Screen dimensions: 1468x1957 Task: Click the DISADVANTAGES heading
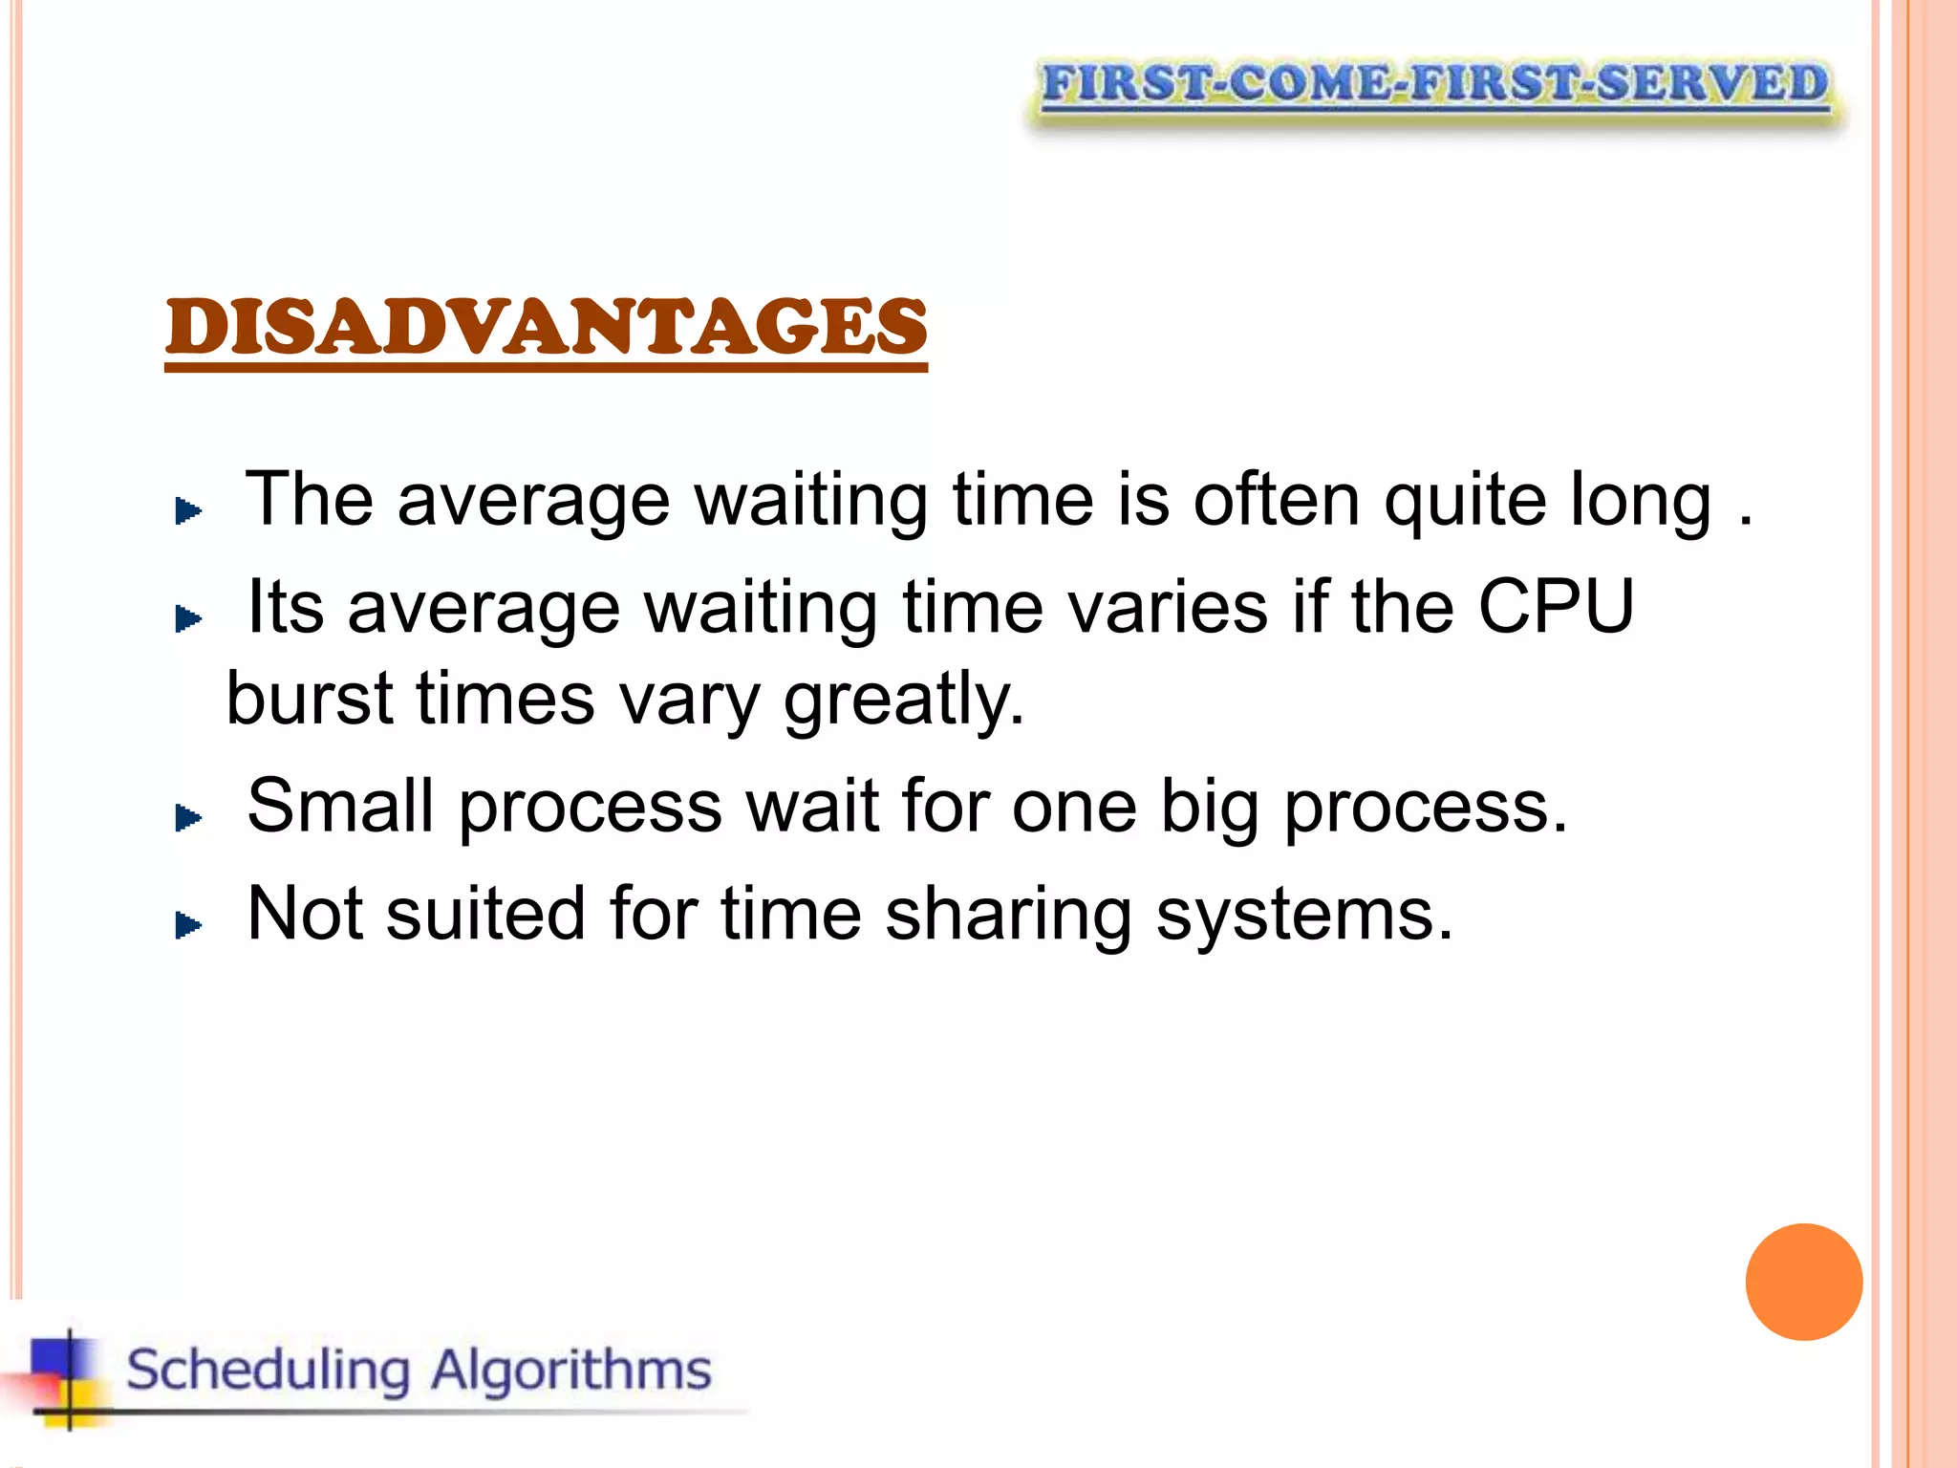546,327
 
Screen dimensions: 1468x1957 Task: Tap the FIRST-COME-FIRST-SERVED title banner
1434,84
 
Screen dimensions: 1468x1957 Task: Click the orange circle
1803,1282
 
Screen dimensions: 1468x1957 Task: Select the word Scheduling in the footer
269,1371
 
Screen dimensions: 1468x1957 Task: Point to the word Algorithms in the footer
570,1371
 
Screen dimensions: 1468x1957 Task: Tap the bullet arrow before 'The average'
188,511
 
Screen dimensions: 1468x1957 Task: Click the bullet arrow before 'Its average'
188,619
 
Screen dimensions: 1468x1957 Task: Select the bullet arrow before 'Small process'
188,817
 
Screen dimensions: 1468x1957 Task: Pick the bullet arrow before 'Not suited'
188,924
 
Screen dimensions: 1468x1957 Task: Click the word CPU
1556,606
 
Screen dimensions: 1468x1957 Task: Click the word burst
310,698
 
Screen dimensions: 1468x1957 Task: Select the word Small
340,806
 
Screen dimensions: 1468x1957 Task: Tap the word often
1277,499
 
